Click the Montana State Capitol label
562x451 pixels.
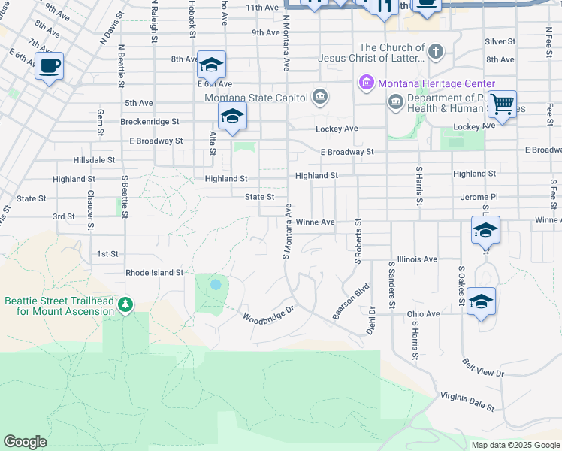pos(256,97)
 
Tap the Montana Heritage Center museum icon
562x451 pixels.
pos(367,83)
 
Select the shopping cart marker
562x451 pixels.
pos(502,104)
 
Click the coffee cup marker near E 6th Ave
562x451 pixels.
pos(50,66)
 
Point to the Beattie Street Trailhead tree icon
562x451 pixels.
pos(126,304)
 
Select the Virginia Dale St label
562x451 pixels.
pos(467,401)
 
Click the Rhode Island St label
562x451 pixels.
pos(155,273)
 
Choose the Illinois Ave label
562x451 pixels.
pos(418,259)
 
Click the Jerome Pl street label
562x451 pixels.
pos(479,197)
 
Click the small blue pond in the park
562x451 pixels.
pos(216,285)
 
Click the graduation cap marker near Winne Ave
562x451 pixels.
pos(485,230)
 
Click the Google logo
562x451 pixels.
pos(25,442)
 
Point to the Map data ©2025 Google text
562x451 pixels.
pos(515,445)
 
